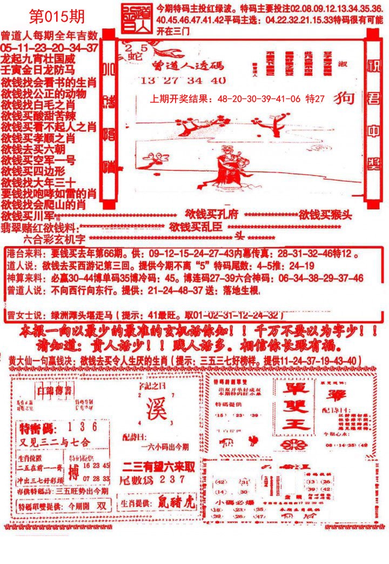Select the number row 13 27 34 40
pos(182,81)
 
